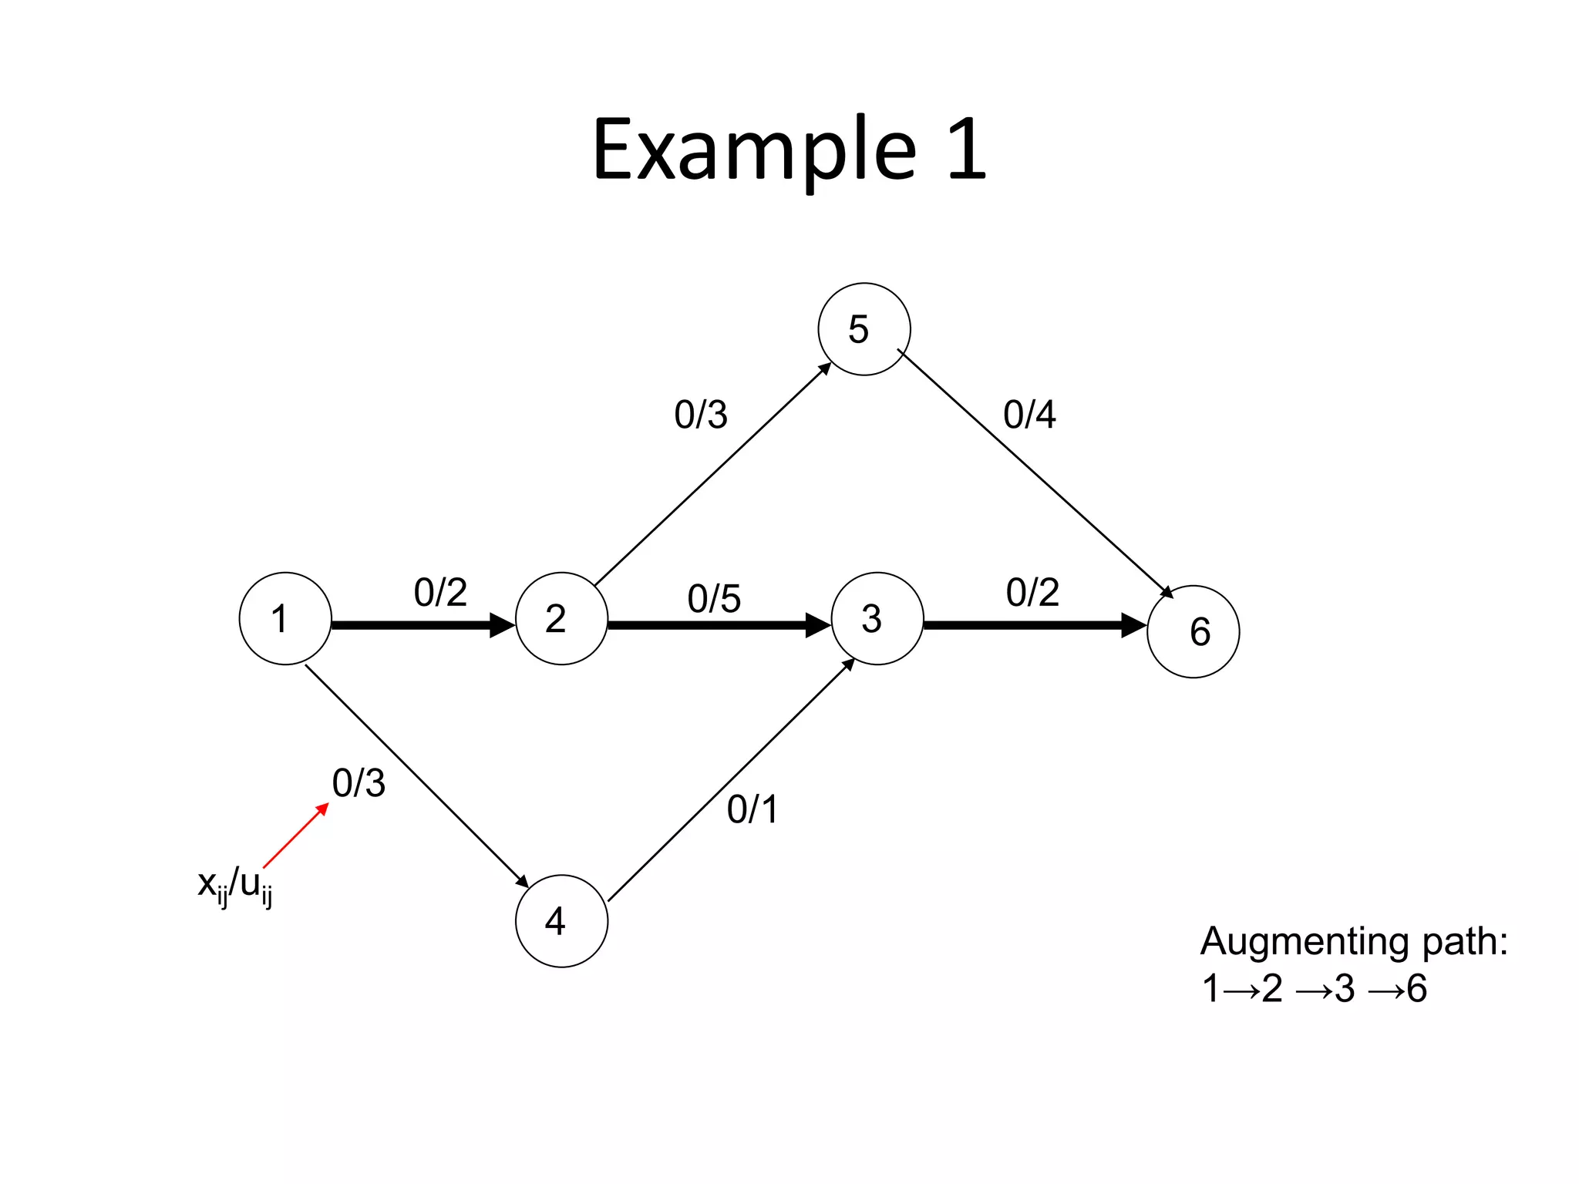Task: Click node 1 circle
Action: pos(285,618)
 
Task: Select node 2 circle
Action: pos(561,618)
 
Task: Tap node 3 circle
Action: pos(877,618)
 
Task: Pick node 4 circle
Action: pos(561,920)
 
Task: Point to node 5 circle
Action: pos(864,329)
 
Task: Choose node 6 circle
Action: pos(1193,631)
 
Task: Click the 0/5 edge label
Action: pos(714,599)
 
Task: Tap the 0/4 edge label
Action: pos(1029,415)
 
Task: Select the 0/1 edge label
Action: pos(752,809)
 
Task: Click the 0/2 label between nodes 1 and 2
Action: pos(440,593)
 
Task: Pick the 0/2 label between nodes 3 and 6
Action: pos(1032,593)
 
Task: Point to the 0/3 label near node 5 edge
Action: pos(700,415)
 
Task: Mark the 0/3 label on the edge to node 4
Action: pos(359,783)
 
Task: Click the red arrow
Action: pos(296,836)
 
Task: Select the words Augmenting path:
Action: pos(1354,941)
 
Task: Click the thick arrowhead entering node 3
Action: pos(817,624)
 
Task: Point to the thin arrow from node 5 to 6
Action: pos(1035,473)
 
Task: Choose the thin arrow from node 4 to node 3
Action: pos(731,780)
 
